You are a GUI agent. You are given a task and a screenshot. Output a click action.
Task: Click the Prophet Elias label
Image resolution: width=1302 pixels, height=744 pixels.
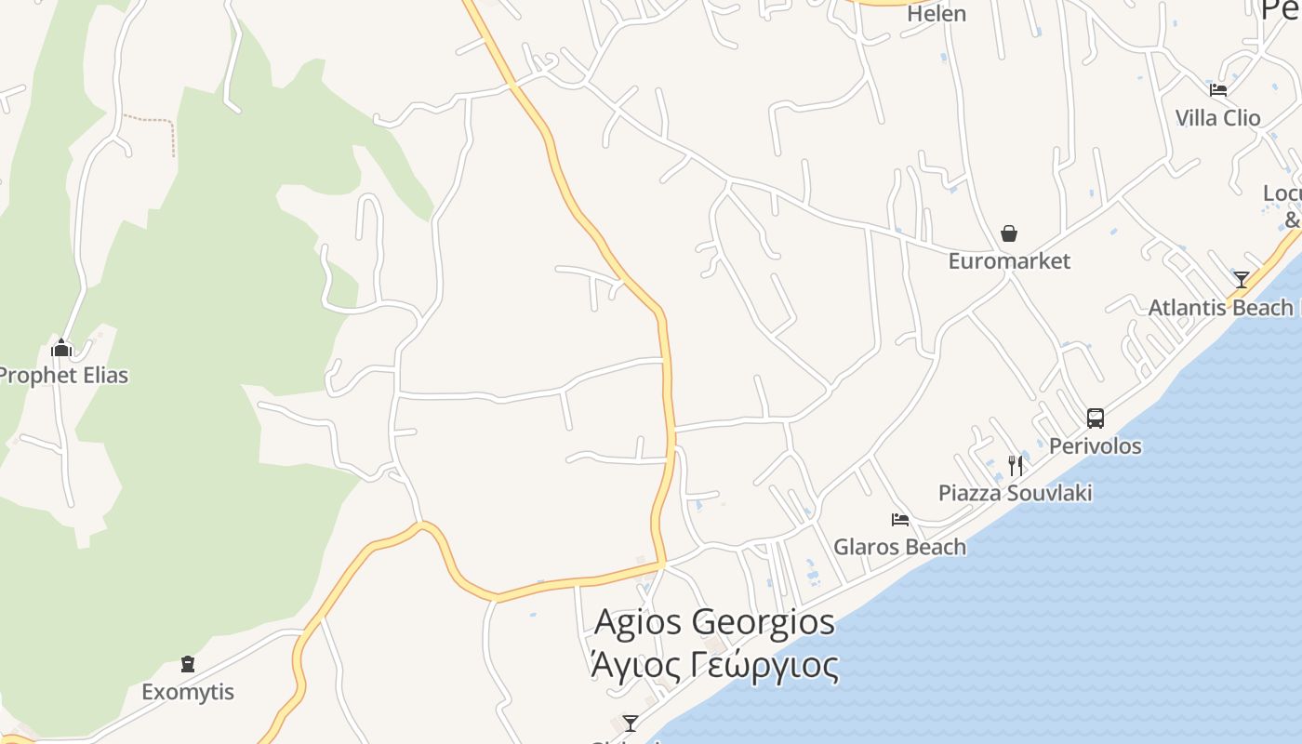click(x=61, y=376)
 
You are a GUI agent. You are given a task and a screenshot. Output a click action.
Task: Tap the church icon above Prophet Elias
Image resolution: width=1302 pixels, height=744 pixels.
click(x=61, y=349)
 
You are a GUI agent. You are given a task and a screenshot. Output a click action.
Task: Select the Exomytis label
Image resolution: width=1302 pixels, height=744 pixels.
click(x=188, y=692)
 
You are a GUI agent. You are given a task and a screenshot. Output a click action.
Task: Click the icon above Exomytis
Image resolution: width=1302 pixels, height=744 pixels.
click(x=188, y=665)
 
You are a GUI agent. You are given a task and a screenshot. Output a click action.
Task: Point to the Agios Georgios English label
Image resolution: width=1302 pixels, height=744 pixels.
click(x=714, y=622)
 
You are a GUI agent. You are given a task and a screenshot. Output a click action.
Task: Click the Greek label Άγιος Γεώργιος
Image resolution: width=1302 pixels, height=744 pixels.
click(x=714, y=666)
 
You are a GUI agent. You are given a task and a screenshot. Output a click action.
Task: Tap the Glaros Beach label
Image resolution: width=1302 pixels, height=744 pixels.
click(x=899, y=547)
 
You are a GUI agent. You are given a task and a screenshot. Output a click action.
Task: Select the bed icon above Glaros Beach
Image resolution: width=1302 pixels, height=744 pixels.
click(x=899, y=520)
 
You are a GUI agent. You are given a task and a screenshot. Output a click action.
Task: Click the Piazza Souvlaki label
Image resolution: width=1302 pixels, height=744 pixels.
click(x=1015, y=493)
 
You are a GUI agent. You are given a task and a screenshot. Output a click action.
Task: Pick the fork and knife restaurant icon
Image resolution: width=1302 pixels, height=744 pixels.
click(x=1015, y=465)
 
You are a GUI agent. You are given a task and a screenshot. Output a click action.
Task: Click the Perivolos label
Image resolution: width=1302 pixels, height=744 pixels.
click(x=1095, y=446)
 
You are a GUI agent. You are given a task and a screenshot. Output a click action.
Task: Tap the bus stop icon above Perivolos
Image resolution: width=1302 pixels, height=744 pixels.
click(x=1095, y=418)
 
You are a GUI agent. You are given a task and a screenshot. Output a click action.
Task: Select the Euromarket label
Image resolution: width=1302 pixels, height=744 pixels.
click(x=1009, y=261)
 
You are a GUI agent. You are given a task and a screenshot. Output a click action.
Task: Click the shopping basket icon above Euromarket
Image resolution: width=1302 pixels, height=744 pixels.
click(x=1009, y=233)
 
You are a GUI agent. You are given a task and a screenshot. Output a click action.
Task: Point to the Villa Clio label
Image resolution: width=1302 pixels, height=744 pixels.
click(x=1217, y=118)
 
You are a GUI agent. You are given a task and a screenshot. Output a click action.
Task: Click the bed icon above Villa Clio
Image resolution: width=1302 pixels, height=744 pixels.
click(x=1217, y=90)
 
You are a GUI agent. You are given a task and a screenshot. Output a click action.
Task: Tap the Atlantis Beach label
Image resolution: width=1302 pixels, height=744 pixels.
click(x=1221, y=308)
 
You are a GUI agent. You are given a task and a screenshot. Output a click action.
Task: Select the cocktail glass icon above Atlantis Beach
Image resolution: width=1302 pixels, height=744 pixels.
click(x=1241, y=280)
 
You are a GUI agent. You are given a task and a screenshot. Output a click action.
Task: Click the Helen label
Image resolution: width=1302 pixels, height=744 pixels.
click(x=937, y=14)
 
